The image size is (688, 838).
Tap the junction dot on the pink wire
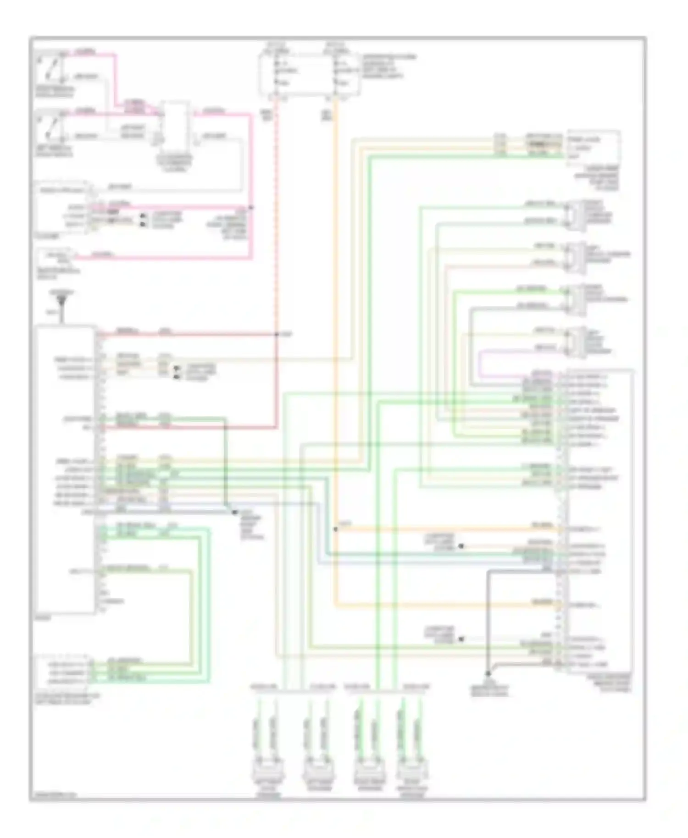coord(251,208)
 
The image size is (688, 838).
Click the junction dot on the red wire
coord(277,335)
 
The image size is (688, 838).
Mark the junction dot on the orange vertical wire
coord(336,529)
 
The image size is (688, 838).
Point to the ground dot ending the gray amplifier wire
coord(488,673)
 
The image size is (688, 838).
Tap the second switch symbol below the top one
coord(50,126)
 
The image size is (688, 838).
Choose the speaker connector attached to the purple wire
coord(576,342)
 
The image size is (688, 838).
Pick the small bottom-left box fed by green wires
coord(64,672)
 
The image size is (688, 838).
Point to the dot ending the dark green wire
coord(234,512)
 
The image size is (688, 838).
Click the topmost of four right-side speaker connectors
coord(576,214)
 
